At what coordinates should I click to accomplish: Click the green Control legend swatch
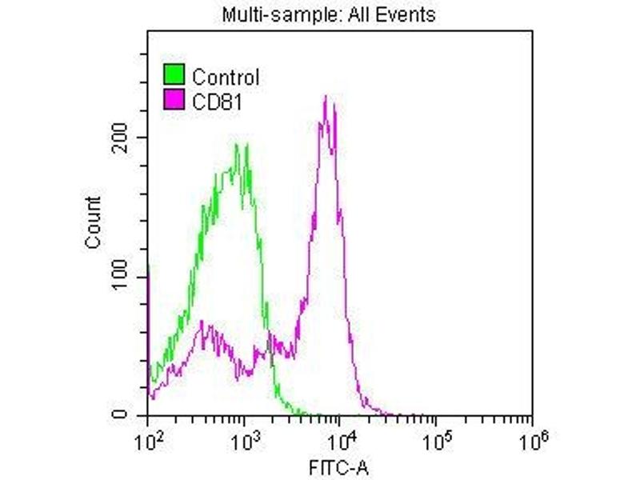(175, 76)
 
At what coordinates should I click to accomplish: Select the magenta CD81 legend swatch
(175, 99)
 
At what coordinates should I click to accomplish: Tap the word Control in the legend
(226, 78)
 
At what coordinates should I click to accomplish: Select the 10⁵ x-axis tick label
(436, 438)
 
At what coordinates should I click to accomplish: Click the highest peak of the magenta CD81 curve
(326, 98)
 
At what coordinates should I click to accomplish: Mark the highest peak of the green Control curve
(237, 146)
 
